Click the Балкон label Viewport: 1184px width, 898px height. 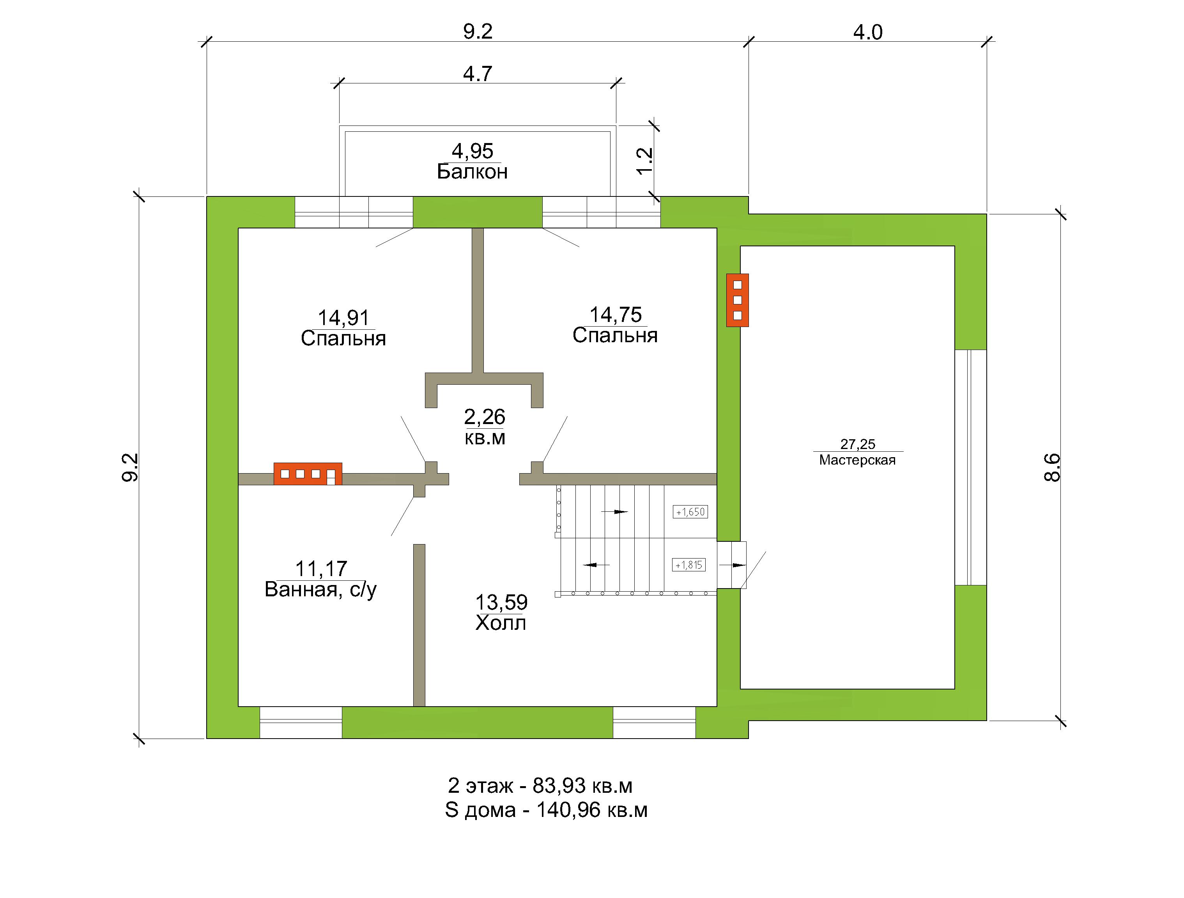[x=472, y=172]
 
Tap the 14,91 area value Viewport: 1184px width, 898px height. [x=343, y=318]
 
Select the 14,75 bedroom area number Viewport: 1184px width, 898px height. [x=616, y=315]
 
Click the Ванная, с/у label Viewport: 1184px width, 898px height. [x=320, y=590]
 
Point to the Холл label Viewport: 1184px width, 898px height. [x=501, y=623]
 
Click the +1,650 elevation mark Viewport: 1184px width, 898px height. [x=690, y=512]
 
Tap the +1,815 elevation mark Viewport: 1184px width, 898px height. [x=689, y=565]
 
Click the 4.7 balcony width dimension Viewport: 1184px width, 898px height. [x=478, y=74]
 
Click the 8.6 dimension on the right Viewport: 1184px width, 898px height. [x=1052, y=468]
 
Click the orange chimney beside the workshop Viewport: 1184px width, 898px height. [x=737, y=300]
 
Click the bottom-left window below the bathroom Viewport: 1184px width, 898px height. [x=301, y=723]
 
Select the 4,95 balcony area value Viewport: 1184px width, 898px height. [x=472, y=152]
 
